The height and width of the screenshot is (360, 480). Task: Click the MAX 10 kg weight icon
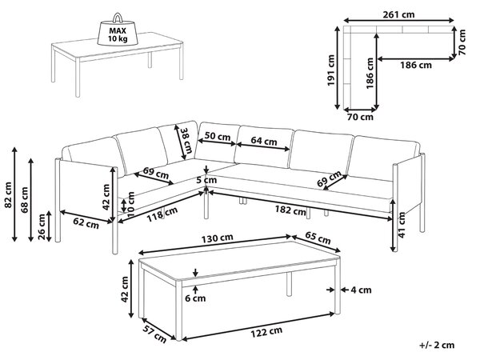point(118,30)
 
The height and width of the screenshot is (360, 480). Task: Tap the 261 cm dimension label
point(398,14)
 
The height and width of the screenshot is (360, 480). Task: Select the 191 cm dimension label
point(331,70)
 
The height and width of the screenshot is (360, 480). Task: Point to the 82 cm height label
point(8,194)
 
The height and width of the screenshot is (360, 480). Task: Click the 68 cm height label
point(25,199)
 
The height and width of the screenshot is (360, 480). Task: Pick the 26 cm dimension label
point(42,227)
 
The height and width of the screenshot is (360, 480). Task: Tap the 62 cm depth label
point(86,223)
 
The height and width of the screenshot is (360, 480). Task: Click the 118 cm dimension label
point(162,215)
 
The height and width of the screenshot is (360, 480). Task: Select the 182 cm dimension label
point(290,210)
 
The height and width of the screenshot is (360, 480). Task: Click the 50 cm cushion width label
point(218,136)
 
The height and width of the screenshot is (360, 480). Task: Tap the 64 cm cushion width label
point(263,141)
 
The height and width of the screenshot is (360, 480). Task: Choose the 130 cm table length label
point(217,238)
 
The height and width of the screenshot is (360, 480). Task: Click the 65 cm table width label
point(318,238)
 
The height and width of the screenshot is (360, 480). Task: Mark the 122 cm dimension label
point(266,331)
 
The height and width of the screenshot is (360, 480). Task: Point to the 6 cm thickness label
point(195,298)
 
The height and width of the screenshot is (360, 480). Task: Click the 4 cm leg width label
point(361,290)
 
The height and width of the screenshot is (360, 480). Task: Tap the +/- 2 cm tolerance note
point(437,346)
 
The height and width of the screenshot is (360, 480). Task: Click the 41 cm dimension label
point(402,225)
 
